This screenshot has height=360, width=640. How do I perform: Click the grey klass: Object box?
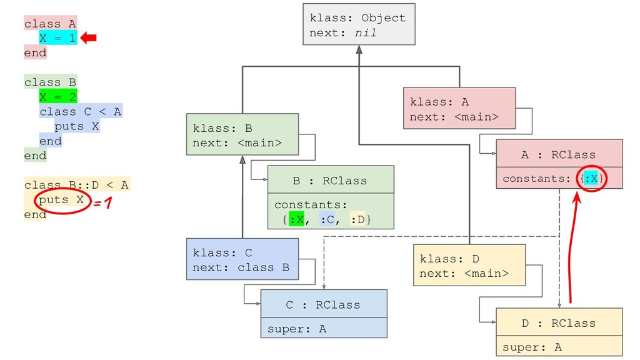(359, 24)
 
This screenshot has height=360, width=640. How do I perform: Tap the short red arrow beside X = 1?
(89, 38)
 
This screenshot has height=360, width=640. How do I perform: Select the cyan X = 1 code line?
(58, 38)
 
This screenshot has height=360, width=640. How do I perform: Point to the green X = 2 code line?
(58, 97)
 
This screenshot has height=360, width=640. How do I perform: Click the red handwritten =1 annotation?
(102, 202)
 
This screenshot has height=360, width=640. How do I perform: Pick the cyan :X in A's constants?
(591, 178)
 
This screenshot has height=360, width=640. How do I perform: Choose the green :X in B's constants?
(296, 219)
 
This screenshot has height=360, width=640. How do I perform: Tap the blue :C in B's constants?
(327, 219)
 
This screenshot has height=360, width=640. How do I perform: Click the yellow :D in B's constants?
(357, 219)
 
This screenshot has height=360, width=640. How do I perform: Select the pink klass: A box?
(459, 108)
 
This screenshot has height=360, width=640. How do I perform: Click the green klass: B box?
(242, 134)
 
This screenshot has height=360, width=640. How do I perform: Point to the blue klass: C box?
(242, 259)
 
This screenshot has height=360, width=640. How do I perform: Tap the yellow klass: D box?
(469, 265)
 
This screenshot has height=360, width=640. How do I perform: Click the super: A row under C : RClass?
(324, 327)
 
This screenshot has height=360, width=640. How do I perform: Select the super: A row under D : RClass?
(559, 346)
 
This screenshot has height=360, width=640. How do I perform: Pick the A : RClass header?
(559, 154)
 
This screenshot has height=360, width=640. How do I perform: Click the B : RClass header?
(331, 179)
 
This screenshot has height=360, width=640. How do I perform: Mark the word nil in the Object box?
(365, 33)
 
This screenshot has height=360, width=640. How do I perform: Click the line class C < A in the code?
(81, 111)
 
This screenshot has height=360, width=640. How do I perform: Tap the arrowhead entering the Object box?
(359, 49)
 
